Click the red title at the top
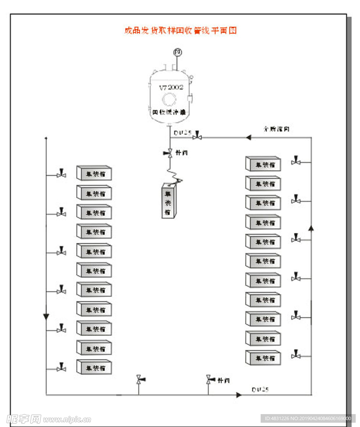(x=180, y=31)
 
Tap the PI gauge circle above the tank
(x=178, y=52)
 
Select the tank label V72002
(x=171, y=87)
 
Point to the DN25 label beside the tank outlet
(x=182, y=133)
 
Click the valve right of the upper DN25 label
(x=197, y=137)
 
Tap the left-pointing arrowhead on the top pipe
(x=248, y=137)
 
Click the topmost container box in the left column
(x=94, y=173)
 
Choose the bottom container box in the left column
(x=94, y=367)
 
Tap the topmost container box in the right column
(x=263, y=164)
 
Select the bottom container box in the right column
(x=263, y=358)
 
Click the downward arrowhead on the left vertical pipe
(x=46, y=317)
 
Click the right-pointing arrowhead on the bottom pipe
(x=239, y=394)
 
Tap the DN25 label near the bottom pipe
(x=260, y=390)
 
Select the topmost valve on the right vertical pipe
(x=296, y=161)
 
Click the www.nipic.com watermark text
(x=67, y=419)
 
